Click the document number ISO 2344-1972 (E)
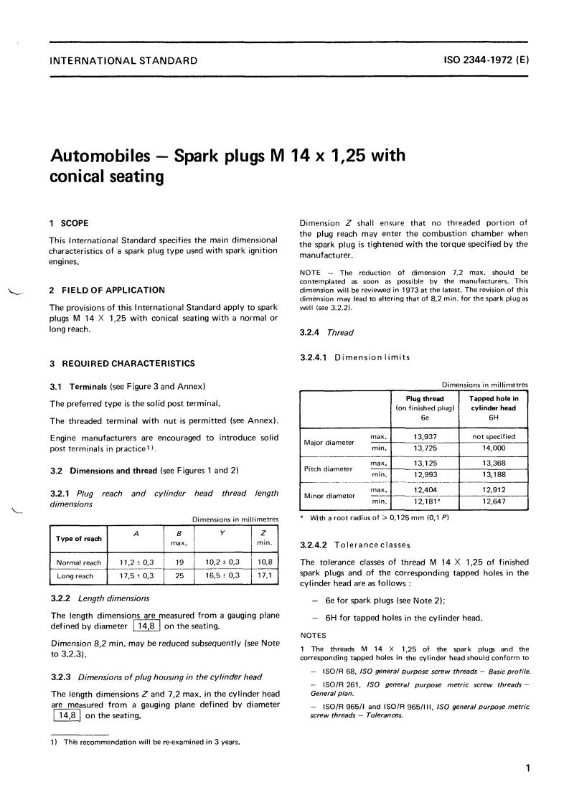point(487,61)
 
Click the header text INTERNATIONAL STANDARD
point(123,61)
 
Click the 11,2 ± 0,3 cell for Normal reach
point(136,563)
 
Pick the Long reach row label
point(76,576)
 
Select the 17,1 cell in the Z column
point(263,576)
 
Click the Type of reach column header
point(79,538)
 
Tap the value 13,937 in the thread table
point(426,436)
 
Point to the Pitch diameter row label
point(329,469)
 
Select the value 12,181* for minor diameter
point(427,501)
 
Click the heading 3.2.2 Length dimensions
point(100,598)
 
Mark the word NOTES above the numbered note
point(313,636)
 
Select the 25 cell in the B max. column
point(178,576)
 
